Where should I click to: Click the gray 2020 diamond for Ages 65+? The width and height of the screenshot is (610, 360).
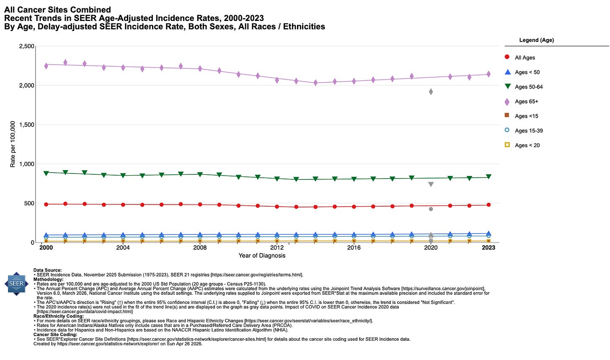431,91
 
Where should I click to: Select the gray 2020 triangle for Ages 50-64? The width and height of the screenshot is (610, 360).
431,184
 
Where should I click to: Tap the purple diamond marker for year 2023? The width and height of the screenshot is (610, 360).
489,74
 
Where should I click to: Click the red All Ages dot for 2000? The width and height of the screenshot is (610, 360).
46,204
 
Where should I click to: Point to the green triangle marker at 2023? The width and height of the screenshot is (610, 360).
489,177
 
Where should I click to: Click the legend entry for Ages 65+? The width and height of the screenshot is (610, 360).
526,101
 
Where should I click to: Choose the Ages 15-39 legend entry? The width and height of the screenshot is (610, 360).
528,131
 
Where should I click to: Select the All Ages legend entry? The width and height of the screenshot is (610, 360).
525,57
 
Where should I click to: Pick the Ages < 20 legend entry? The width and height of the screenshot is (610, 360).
527,145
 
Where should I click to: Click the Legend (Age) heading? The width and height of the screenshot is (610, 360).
536,40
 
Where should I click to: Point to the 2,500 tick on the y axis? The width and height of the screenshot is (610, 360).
27,46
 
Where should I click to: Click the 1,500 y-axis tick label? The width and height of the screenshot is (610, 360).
27,124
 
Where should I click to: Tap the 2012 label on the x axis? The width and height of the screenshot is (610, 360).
277,248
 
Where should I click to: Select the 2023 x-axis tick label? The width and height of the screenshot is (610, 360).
489,248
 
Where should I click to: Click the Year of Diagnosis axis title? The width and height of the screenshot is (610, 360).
262,256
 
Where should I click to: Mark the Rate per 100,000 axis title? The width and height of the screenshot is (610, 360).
13,144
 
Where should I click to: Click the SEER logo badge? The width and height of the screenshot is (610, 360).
16,284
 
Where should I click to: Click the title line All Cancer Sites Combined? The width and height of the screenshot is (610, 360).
57,10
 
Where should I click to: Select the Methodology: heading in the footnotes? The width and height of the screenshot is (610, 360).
48,279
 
